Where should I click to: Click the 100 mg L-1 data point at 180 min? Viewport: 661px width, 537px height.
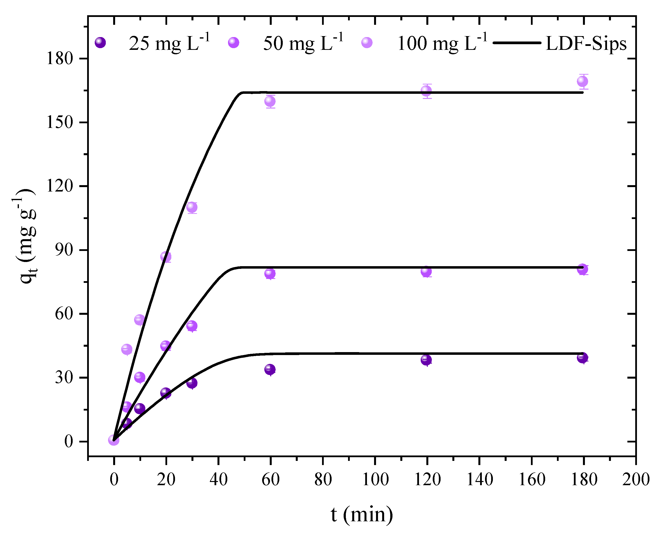[582, 81]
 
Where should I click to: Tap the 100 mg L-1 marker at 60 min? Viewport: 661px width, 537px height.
[270, 101]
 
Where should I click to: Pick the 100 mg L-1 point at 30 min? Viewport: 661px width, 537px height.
[192, 207]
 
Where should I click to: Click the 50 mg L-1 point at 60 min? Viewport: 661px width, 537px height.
[270, 274]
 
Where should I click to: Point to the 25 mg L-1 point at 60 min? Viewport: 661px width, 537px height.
[270, 369]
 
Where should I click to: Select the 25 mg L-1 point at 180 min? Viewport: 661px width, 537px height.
[582, 358]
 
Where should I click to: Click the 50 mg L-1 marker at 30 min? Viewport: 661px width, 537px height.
[192, 326]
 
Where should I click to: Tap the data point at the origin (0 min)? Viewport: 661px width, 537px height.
[113, 440]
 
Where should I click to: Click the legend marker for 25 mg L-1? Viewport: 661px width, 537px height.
[100, 42]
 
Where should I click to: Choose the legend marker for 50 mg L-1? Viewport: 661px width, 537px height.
[233, 42]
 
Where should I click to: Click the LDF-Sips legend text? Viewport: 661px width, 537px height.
[586, 43]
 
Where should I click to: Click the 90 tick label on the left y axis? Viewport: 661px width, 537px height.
[64, 250]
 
